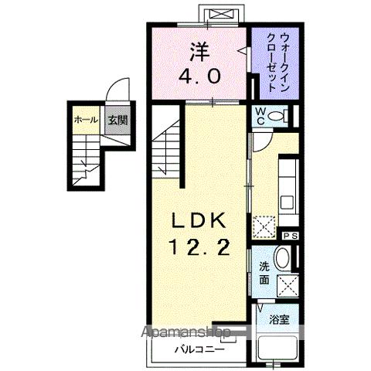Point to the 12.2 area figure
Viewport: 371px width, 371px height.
coord(199,248)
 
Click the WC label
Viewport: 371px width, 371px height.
coord(262,117)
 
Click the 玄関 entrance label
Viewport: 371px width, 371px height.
coord(118,120)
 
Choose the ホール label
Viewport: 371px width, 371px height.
coord(84,120)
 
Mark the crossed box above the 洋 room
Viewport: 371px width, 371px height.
coord(213,15)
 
